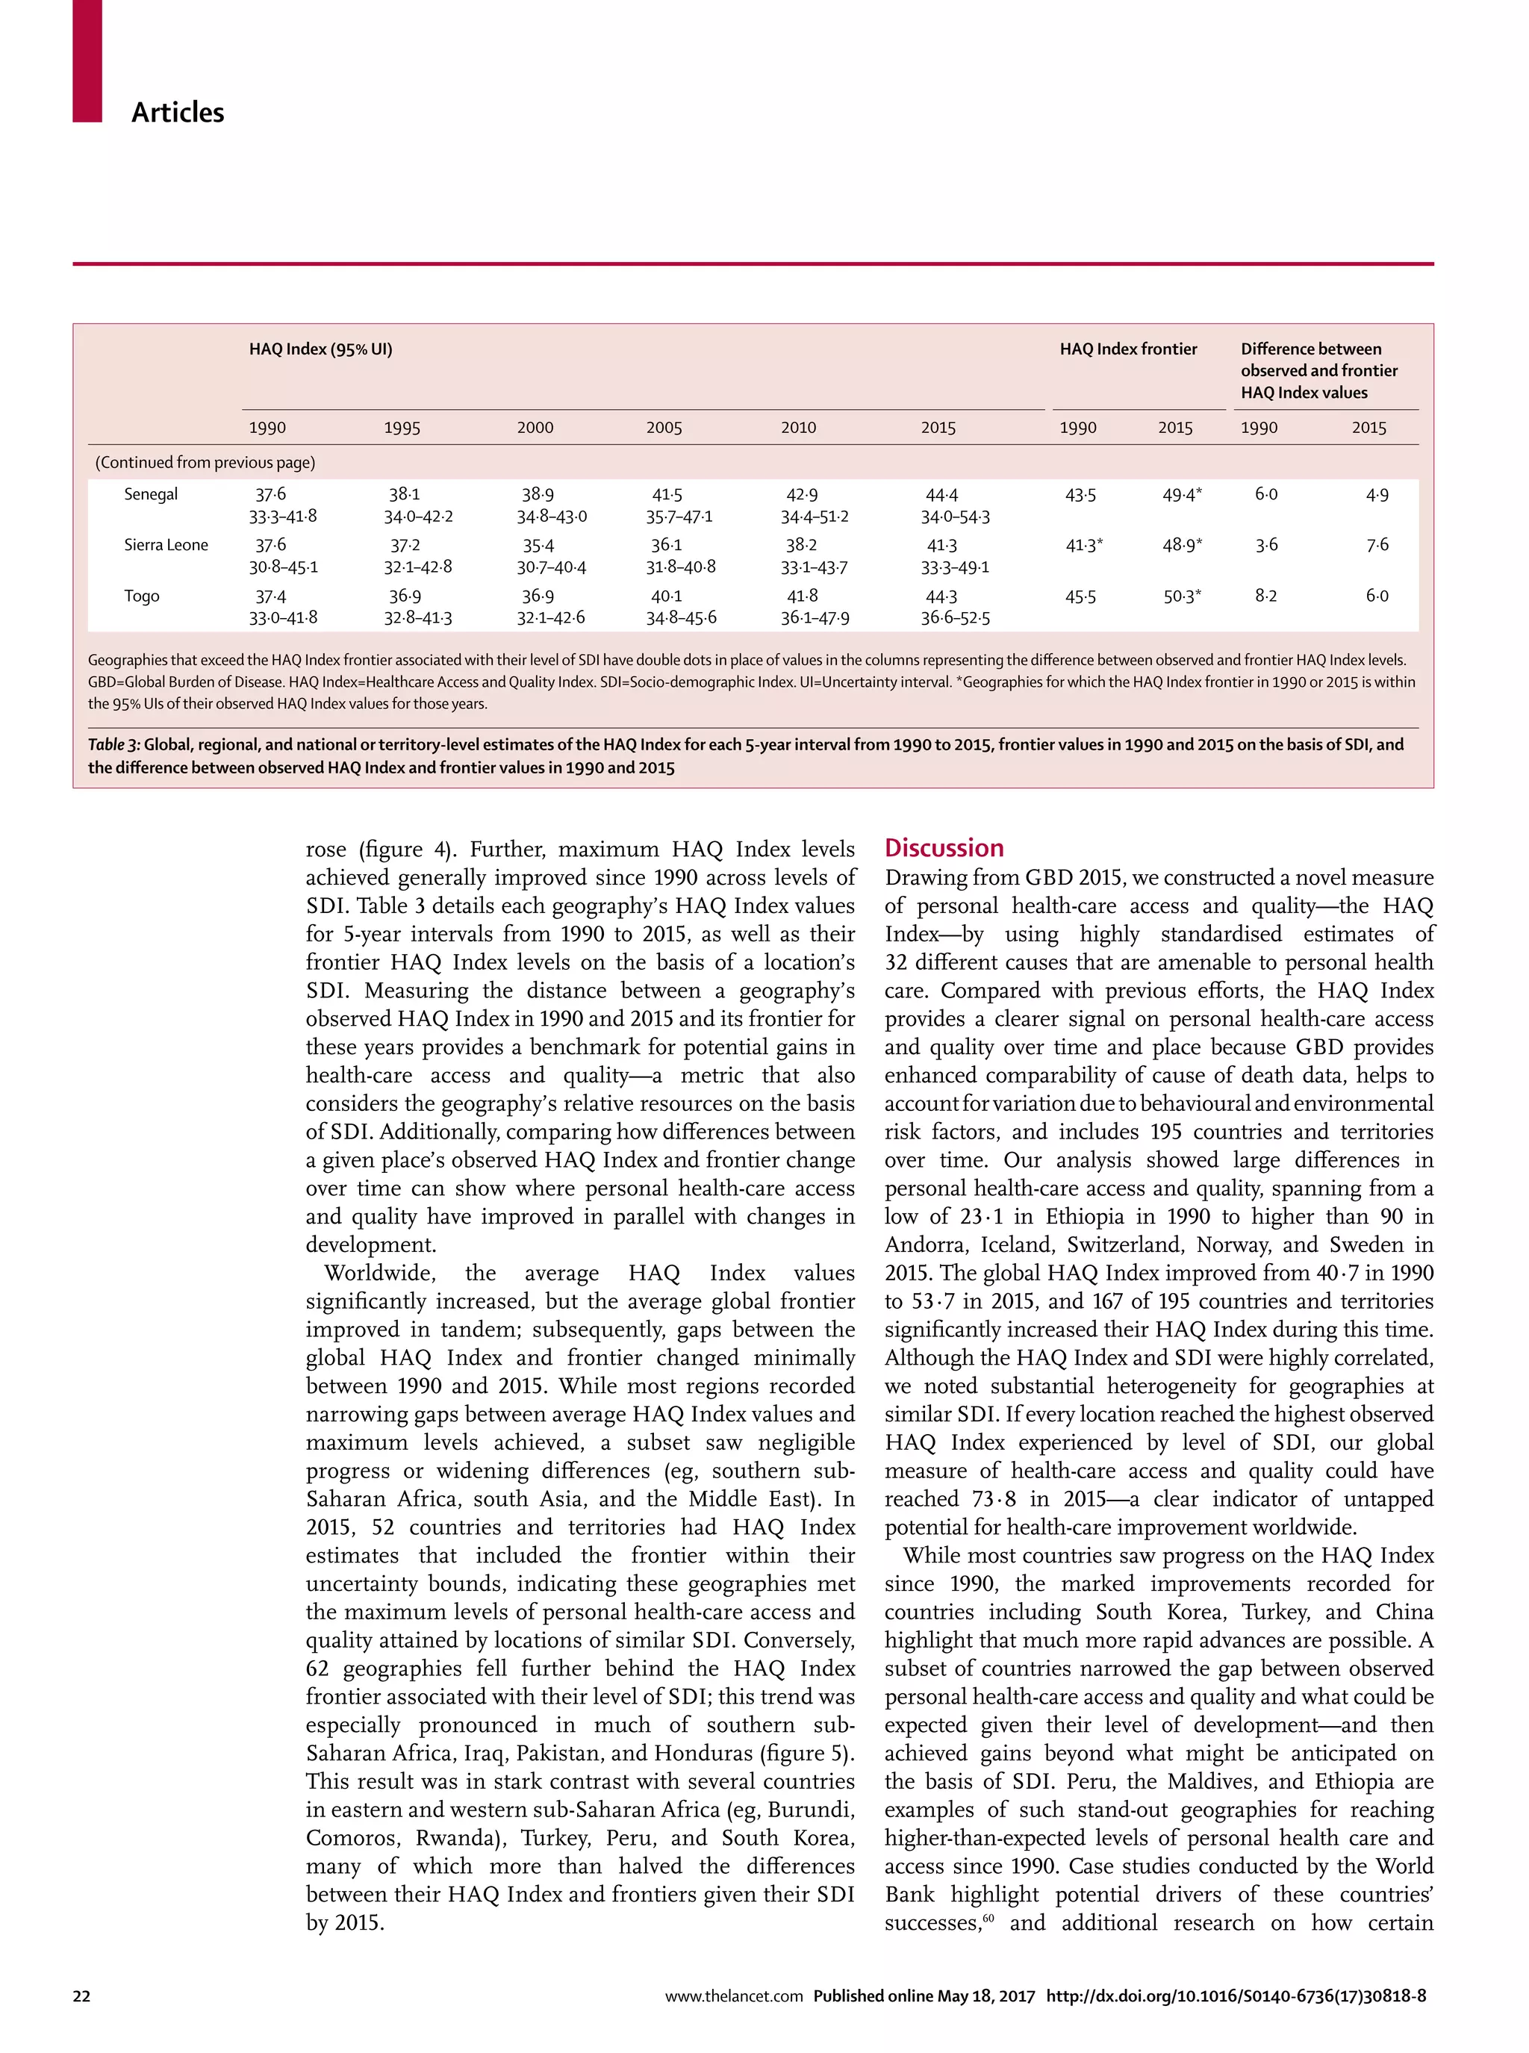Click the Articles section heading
pos(178,113)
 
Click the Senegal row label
pos(151,494)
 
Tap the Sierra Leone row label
pos(166,545)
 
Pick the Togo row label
pos(142,596)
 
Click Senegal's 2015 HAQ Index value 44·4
pos(941,495)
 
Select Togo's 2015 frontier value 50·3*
pos(1182,596)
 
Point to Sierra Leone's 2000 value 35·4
pos(538,545)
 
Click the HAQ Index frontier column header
pos(1127,349)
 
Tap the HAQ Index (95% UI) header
pos(320,349)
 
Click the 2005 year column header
pos(664,428)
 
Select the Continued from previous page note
pos(205,462)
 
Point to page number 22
pos(81,1996)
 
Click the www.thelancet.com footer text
pos(733,1996)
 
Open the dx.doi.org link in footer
pos(1236,1996)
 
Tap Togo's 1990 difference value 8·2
pos(1265,596)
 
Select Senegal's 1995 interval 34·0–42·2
pos(418,517)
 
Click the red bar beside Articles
pos(87,60)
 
